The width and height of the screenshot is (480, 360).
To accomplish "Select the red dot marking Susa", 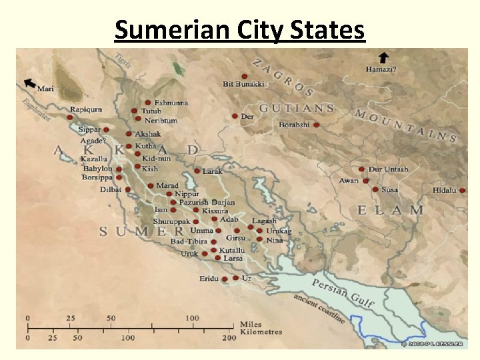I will pyautogui.click(x=376, y=189).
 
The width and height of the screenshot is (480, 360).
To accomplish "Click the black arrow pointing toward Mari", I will pyautogui.click(x=29, y=83).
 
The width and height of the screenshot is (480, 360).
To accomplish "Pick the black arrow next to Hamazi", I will pyautogui.click(x=383, y=57).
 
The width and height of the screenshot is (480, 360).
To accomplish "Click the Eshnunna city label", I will pyautogui.click(x=171, y=103).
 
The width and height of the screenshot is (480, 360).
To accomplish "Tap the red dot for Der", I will pyautogui.click(x=235, y=116).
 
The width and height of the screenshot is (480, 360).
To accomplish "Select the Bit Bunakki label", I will pyautogui.click(x=243, y=84).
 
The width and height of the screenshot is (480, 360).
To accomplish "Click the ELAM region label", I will pyautogui.click(x=390, y=210).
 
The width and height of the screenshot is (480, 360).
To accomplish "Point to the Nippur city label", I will pyautogui.click(x=187, y=194).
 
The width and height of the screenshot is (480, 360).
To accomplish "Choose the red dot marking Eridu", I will pyautogui.click(x=225, y=279).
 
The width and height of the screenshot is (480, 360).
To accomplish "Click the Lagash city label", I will pyautogui.click(x=264, y=221).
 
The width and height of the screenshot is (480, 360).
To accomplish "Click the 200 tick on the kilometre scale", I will pyautogui.click(x=229, y=338).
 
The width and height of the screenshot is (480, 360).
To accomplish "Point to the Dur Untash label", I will pyautogui.click(x=388, y=169).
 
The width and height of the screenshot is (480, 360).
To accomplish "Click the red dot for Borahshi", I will pyautogui.click(x=316, y=125).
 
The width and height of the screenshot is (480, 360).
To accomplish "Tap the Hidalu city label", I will pyautogui.click(x=444, y=190).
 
